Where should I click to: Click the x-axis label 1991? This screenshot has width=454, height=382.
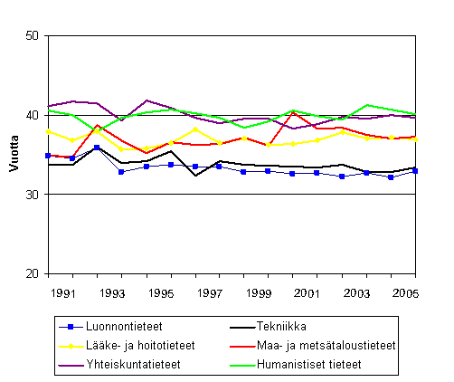coord(61,294)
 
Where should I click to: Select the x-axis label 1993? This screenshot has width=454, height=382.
coord(112,294)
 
